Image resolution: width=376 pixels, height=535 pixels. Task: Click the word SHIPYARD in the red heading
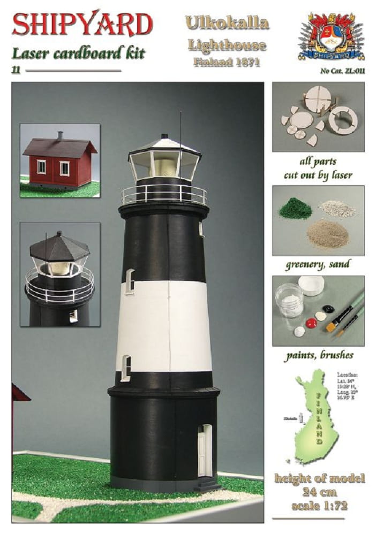(82, 25)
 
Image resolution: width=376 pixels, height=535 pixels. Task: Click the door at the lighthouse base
(204, 450)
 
